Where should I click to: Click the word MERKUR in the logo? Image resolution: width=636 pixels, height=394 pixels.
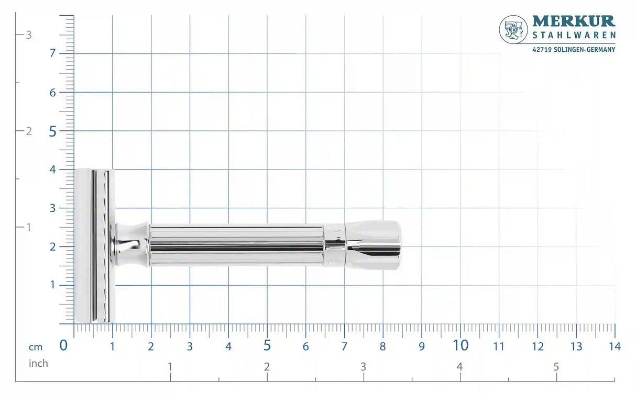[x=574, y=21]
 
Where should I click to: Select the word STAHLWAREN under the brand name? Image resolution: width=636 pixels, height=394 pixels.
[x=574, y=35]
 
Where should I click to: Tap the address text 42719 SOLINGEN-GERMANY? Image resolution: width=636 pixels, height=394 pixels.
[x=574, y=49]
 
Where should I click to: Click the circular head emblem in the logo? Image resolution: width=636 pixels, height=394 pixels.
[x=513, y=29]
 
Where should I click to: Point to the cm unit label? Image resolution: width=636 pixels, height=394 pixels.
[x=36, y=347]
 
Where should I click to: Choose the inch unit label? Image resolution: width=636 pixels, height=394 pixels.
[x=38, y=363]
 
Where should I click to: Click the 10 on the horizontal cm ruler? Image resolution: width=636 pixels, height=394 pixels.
[x=460, y=345]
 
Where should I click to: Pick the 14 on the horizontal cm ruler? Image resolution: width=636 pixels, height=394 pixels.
[x=615, y=346]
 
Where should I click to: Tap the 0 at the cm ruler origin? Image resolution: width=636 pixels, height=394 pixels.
[x=63, y=345]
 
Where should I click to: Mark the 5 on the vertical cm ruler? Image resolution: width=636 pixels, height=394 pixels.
[x=52, y=131]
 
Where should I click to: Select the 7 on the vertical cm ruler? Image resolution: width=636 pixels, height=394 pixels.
[x=52, y=53]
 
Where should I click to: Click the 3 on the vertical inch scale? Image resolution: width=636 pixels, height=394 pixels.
[x=29, y=35]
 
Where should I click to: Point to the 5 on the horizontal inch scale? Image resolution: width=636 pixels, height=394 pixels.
[x=556, y=366]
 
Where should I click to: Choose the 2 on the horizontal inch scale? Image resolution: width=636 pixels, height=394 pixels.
[x=267, y=366]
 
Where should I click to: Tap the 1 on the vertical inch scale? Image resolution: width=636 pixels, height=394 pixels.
[x=29, y=228]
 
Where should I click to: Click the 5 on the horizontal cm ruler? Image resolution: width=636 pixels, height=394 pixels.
[x=267, y=345]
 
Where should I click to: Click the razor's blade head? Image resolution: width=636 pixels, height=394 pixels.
[x=94, y=245]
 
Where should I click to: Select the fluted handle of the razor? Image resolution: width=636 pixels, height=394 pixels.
[x=236, y=245]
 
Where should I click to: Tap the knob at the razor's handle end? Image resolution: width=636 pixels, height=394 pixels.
[x=373, y=245]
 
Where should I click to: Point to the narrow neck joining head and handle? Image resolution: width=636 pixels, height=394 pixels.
[x=131, y=244]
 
